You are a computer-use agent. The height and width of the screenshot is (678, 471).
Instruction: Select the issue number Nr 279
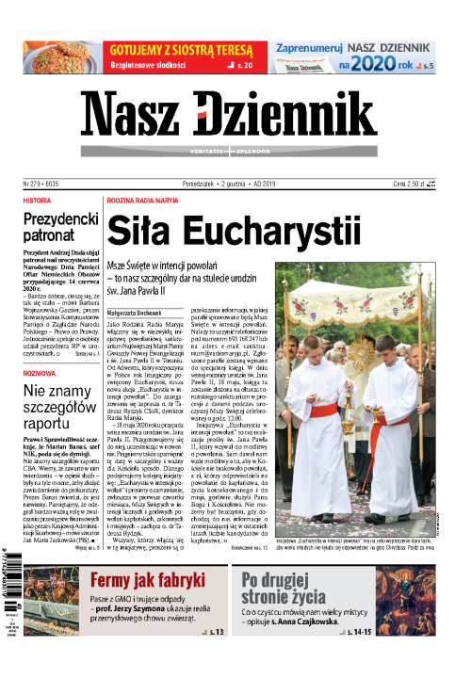point(36,184)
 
